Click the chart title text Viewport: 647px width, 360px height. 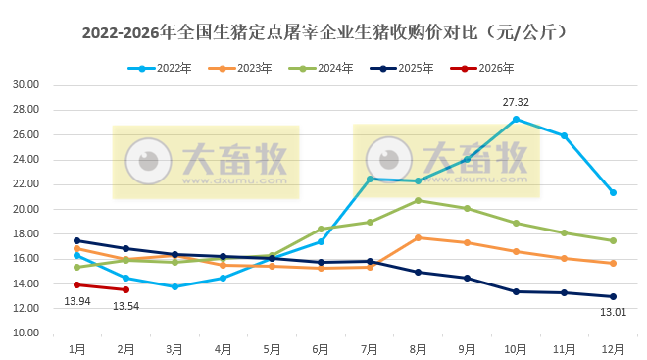click(323, 32)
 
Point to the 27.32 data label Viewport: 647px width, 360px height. click(516, 102)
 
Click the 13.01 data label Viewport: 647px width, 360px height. click(613, 312)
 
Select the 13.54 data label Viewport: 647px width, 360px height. click(125, 306)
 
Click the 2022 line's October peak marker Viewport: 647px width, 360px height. click(516, 120)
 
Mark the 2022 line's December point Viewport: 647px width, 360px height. click(613, 192)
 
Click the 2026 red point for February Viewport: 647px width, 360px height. click(125, 289)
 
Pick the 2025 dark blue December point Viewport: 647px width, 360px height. click(613, 296)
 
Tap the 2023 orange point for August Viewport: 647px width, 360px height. click(418, 237)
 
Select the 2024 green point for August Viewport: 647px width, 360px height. click(418, 200)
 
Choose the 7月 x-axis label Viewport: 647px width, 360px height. click(370, 348)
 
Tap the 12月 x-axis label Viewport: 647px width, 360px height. click(613, 348)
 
